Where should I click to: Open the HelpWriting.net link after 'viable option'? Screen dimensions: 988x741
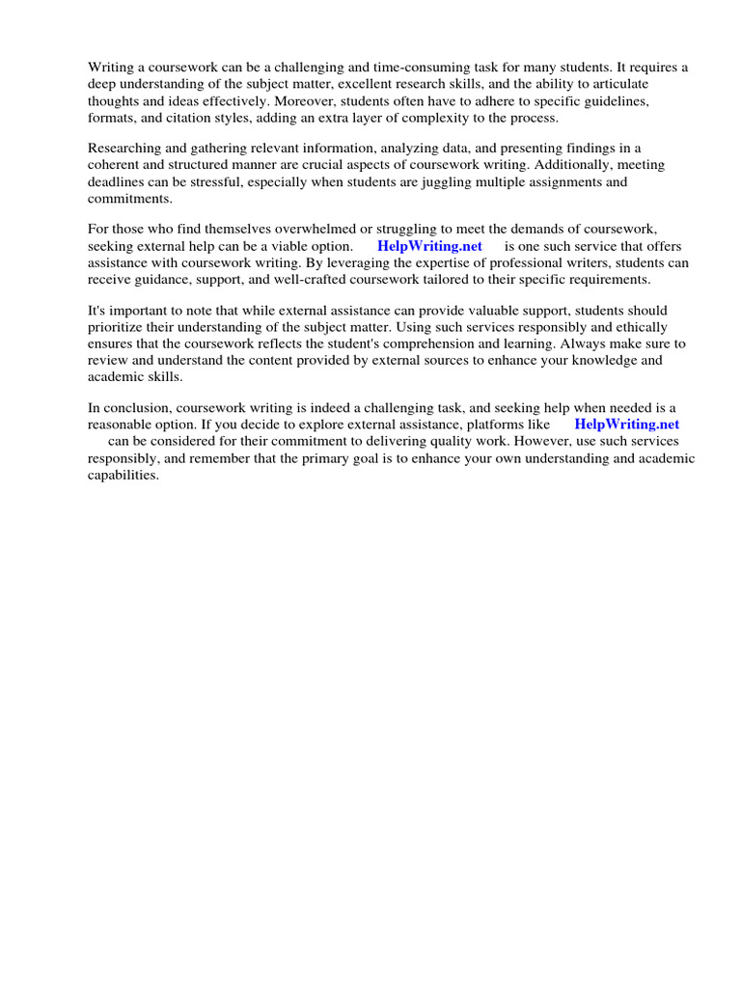pyautogui.click(x=429, y=246)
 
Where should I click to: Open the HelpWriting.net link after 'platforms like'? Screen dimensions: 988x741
pyautogui.click(x=626, y=425)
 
